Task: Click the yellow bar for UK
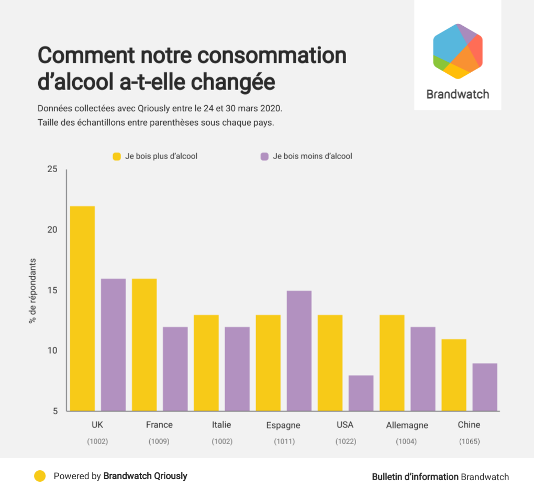pos(83,309)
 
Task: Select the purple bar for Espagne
pos(299,350)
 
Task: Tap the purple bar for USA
pos(361,393)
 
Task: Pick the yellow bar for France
pos(144,345)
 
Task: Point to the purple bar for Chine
pos(485,387)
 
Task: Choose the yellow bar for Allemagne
pos(392,363)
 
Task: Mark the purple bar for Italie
pos(237,369)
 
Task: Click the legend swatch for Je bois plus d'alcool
pos(117,156)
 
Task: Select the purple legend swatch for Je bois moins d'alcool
pos(264,156)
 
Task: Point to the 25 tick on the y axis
pos(52,169)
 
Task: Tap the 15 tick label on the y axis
pos(52,290)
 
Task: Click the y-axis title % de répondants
pos(32,290)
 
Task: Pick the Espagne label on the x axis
pos(283,425)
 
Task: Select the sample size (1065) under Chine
pos(469,442)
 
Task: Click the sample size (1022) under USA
pos(346,442)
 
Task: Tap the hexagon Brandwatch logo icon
pos(458,51)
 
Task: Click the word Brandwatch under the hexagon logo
pos(458,95)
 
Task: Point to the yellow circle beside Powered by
pos(40,476)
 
